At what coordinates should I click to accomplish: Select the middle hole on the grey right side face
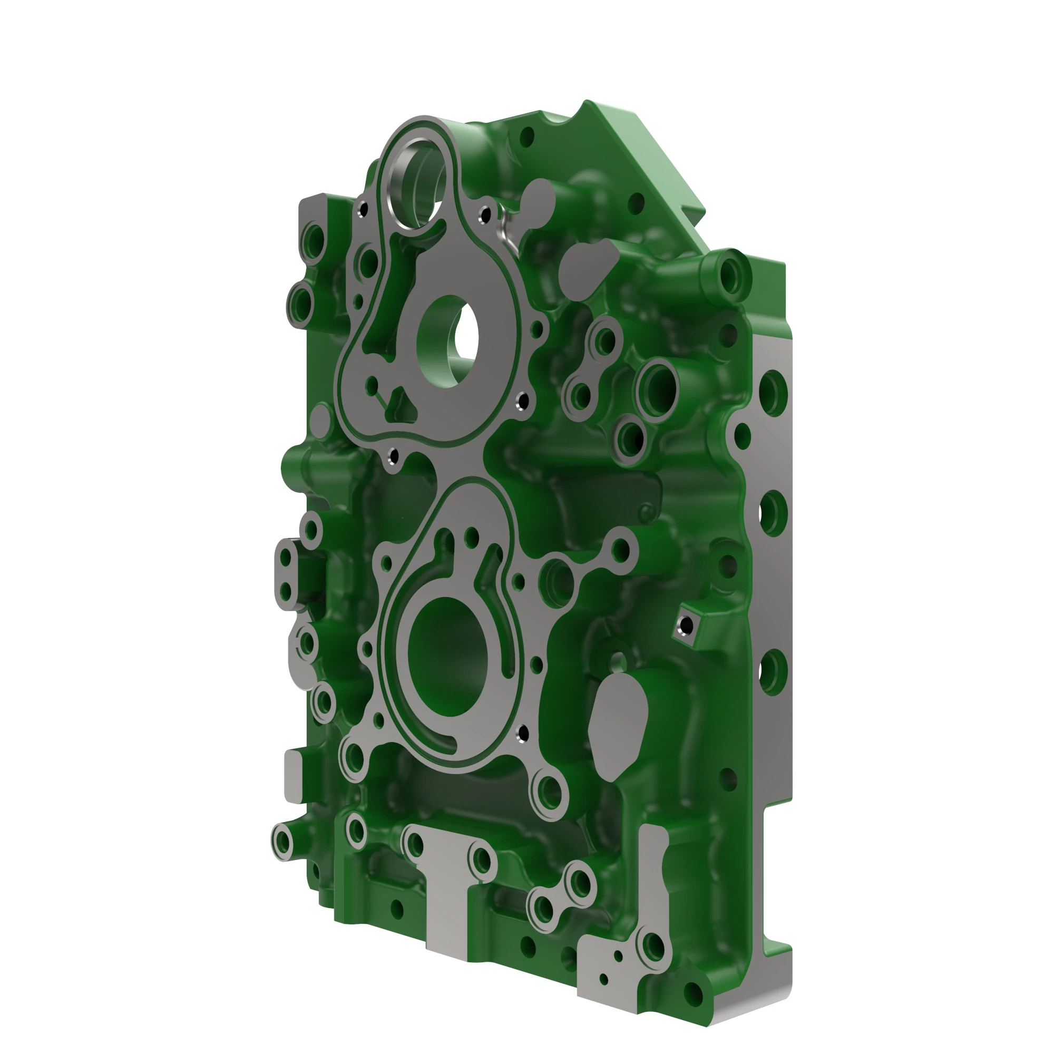coord(772,513)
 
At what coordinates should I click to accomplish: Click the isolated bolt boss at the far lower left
coord(284,842)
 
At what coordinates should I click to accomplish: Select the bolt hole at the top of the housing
coord(526,136)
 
